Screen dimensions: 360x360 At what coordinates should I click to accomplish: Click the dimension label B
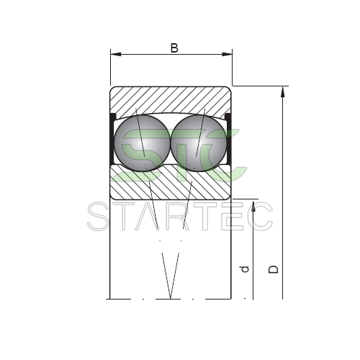[174, 48]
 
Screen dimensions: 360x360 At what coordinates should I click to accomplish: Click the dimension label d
[245, 269]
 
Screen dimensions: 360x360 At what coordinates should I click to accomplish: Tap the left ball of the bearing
[142, 143]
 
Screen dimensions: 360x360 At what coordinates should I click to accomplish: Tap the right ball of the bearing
[198, 143]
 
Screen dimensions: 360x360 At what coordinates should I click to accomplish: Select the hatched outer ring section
[171, 99]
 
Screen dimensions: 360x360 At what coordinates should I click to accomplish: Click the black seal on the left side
[112, 139]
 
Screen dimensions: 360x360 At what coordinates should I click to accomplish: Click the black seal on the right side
[228, 139]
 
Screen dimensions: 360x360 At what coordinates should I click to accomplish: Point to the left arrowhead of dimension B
[116, 54]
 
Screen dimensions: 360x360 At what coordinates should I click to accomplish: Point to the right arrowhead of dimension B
[227, 54]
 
